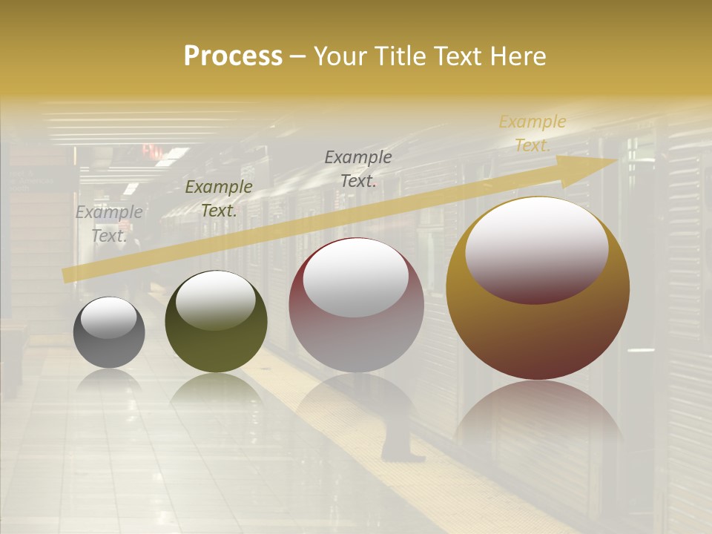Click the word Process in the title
tap(233, 56)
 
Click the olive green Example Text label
tap(219, 199)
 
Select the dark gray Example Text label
tap(358, 169)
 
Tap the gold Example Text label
tap(532, 133)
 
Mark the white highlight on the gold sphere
tap(536, 248)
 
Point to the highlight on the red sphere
tap(356, 278)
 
